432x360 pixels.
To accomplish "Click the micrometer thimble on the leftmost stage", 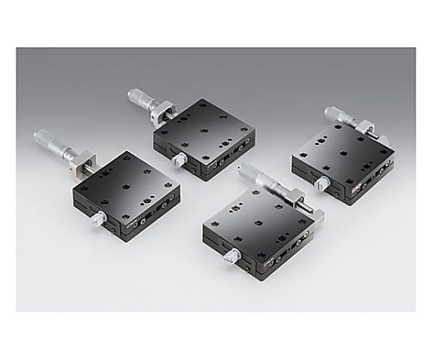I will click(48, 141).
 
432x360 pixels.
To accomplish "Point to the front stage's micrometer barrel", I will click(257, 178).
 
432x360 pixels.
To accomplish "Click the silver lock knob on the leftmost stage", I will click(98, 219).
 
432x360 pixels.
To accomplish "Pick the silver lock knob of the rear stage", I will click(179, 161).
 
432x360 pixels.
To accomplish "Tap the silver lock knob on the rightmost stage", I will click(321, 184).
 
